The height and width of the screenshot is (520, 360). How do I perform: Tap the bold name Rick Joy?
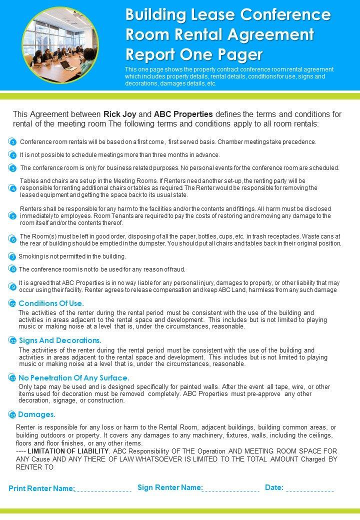119,113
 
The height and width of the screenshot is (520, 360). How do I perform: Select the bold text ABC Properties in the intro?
183,113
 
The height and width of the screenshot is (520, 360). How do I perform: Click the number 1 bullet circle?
13,142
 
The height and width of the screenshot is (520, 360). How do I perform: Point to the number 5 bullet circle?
13,216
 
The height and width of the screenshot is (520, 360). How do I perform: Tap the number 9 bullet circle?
13,286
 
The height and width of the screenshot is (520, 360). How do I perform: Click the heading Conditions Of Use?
51,303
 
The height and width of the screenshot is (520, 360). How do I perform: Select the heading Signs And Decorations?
59,340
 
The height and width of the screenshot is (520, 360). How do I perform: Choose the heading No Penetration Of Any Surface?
73,378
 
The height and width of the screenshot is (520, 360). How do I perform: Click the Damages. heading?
36,414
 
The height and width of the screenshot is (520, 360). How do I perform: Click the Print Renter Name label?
41,488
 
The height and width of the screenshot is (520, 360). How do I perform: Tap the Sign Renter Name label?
169,487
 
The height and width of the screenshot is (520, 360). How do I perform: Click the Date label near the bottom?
274,487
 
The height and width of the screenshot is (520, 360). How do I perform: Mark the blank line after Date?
310,490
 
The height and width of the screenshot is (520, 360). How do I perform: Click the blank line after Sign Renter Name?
231,490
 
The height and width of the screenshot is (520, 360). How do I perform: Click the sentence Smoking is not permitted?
72,256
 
